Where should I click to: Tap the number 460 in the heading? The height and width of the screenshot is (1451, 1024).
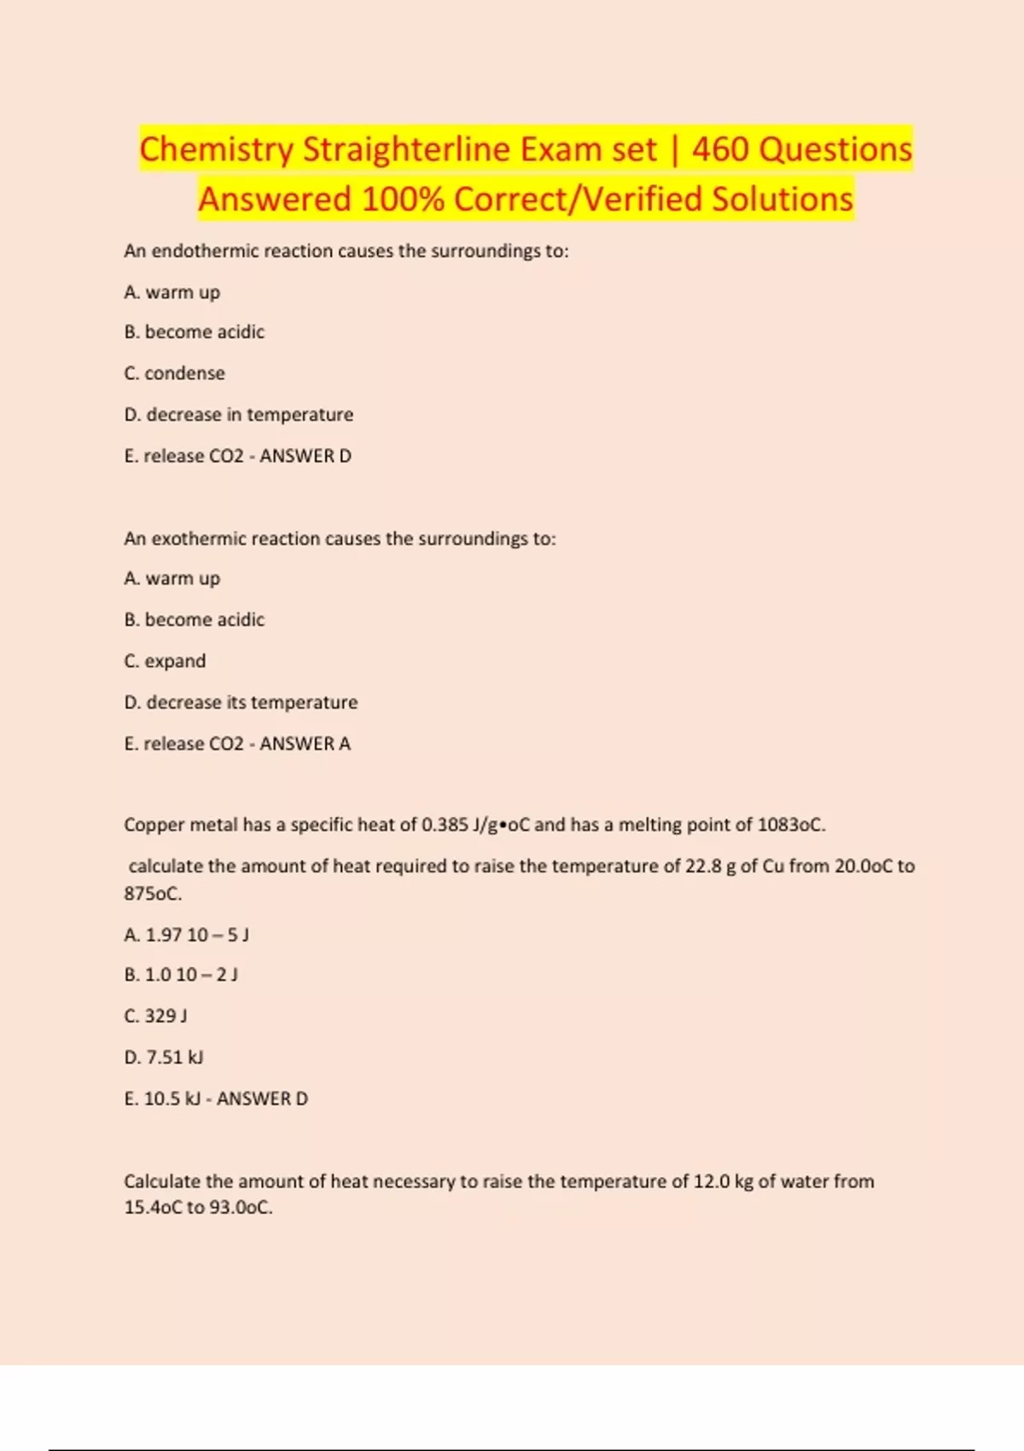point(720,149)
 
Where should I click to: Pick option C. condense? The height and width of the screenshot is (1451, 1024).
point(174,373)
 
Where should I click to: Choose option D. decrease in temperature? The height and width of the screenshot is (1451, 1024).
point(238,415)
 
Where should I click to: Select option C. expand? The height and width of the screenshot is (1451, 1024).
point(165,661)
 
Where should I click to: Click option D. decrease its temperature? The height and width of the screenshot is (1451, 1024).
point(241,702)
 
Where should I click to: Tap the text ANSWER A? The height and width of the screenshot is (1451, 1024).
point(305,743)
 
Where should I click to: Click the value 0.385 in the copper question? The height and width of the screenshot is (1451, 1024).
point(445,825)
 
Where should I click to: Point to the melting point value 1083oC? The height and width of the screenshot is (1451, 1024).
point(790,825)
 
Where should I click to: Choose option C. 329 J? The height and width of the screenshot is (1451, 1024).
point(155,1016)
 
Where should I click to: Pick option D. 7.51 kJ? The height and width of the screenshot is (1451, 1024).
point(164,1057)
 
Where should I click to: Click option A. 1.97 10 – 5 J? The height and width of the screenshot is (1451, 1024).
point(186,935)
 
